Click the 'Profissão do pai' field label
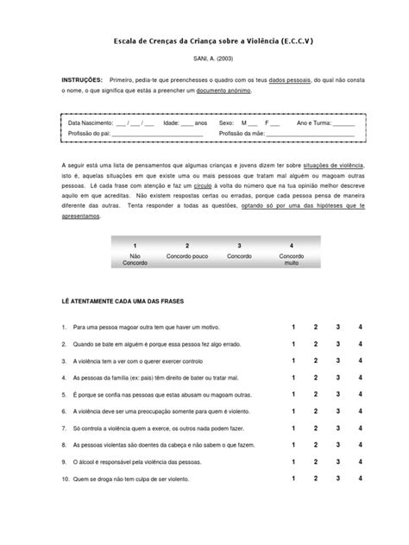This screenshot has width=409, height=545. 90,134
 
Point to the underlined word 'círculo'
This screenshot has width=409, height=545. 204,184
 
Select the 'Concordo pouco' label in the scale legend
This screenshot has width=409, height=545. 187,256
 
